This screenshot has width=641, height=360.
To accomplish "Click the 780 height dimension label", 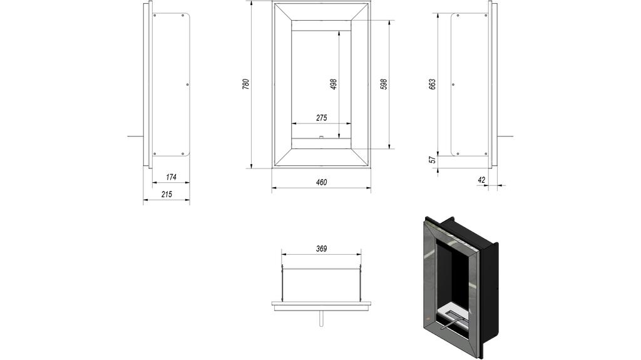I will click(246, 84).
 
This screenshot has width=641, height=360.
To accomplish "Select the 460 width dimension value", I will click(321, 182).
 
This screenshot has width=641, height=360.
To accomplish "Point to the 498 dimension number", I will click(334, 84).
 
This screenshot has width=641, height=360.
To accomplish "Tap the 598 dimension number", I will click(384, 84).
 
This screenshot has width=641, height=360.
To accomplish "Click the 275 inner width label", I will click(321, 118).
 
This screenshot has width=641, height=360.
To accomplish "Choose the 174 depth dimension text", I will click(171, 177).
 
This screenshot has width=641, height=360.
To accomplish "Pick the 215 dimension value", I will click(167, 194).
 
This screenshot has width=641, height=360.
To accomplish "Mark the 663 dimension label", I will click(432, 84).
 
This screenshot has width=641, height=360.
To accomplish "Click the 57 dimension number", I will click(432, 160).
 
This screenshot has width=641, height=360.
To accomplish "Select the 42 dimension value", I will click(481, 180).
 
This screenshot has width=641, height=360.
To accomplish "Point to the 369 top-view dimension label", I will click(321, 249).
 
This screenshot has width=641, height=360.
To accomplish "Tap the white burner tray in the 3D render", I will click(453, 311).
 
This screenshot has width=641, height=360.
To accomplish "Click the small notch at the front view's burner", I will click(321, 137).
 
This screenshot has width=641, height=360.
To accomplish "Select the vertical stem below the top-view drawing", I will click(321, 317).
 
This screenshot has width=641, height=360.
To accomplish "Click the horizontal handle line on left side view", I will click(135, 136).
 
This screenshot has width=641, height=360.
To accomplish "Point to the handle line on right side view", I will click(506, 136).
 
